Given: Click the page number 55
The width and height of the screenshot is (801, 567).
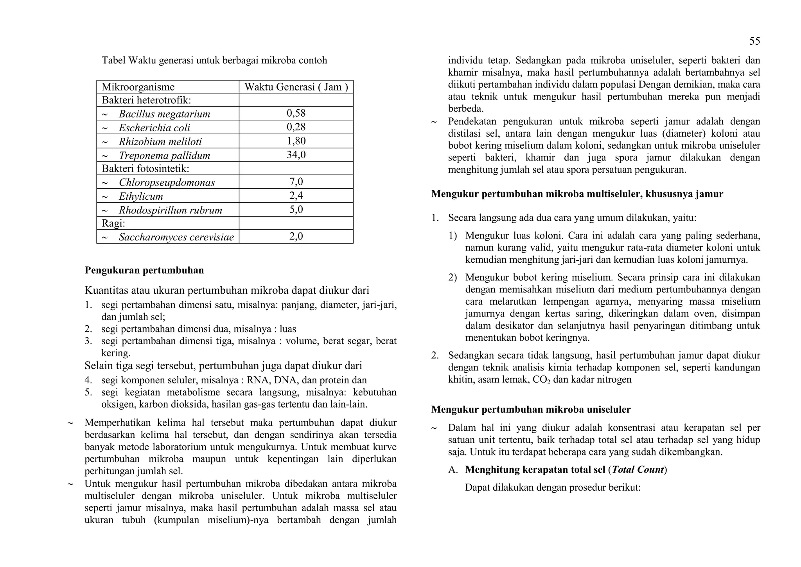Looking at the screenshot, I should click(754, 41).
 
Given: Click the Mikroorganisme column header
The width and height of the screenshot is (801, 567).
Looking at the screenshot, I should click(138, 87).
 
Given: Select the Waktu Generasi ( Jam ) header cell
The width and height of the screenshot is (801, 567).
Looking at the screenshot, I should click(296, 87).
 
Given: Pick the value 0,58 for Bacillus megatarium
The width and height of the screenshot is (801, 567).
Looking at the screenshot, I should click(296, 114).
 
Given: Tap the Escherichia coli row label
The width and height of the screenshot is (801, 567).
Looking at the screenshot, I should click(154, 128).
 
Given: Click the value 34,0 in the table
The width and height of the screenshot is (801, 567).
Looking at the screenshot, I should click(296, 155).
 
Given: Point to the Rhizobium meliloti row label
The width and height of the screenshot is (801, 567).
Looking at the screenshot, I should click(160, 141).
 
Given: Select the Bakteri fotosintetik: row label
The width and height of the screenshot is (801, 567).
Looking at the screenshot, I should click(145, 169).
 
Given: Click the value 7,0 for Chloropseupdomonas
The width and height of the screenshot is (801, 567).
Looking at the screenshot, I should click(296, 182).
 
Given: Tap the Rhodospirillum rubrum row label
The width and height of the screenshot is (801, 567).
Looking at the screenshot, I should click(171, 210).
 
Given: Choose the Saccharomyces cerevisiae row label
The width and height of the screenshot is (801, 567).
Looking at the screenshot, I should click(176, 237).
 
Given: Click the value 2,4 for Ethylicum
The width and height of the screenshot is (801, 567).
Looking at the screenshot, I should click(296, 196).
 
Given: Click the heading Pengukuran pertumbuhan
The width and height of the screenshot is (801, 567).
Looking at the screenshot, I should click(144, 270).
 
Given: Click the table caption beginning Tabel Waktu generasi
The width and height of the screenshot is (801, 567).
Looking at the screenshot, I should click(214, 60).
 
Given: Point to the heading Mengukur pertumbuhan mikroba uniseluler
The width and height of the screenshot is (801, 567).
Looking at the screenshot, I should click(531, 410).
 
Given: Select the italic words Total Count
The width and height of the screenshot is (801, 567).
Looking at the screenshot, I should click(638, 469).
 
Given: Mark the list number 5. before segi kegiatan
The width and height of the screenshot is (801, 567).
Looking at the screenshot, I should click(88, 392).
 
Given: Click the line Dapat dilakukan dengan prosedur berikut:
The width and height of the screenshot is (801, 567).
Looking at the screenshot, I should click(553, 488).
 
